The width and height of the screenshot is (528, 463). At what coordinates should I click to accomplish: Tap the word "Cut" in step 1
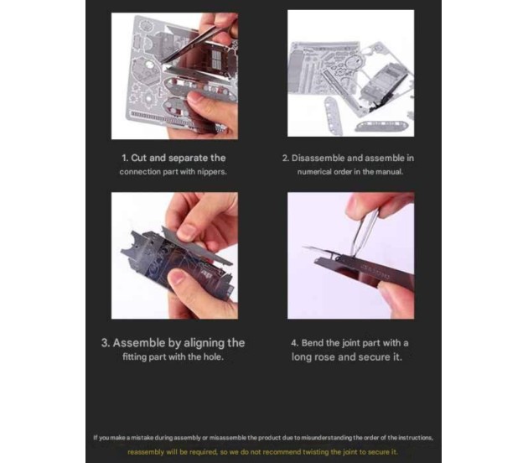coord(139,158)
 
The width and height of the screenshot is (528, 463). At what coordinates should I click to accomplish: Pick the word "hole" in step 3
coord(214,356)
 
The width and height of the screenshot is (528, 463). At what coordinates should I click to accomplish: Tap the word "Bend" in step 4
coord(313,343)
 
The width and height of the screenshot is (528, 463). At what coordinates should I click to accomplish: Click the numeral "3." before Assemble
coord(106,343)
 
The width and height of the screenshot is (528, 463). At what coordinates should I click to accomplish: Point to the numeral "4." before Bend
coord(295,343)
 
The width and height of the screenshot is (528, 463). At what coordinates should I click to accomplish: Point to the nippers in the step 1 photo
coord(195,43)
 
